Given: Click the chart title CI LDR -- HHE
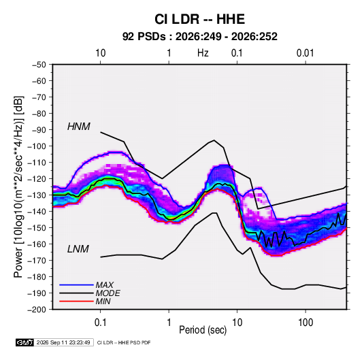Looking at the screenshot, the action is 199,19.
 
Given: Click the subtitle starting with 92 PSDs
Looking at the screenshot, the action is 199,37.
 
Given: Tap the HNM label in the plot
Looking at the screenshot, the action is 79,127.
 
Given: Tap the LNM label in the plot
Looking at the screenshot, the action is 78,249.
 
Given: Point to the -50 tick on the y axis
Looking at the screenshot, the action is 39,65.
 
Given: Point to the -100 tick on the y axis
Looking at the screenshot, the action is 37,146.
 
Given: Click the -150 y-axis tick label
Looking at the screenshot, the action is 37,228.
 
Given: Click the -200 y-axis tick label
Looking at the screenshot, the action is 37,310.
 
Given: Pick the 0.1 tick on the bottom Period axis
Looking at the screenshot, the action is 100,323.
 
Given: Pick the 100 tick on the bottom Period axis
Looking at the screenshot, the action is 305,323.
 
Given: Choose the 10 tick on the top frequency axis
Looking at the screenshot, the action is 100,53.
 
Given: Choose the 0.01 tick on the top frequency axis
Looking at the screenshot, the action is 305,53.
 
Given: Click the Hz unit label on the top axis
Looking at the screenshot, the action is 203,53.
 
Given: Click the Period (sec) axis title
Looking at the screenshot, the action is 203,330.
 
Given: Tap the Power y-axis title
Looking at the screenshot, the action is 19,187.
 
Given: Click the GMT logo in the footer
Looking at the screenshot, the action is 25,342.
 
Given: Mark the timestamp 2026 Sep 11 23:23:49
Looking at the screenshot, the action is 63,342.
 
